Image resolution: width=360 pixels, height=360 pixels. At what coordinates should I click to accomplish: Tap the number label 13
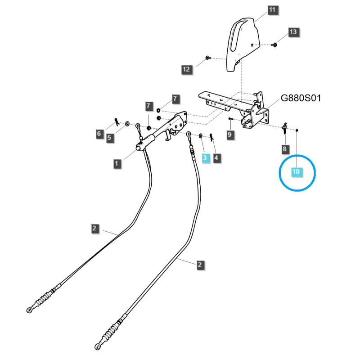293,32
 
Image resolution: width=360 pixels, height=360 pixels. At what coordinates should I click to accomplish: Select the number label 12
187,69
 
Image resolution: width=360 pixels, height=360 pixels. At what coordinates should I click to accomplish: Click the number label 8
284,148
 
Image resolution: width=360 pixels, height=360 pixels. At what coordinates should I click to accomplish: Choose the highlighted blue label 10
296,171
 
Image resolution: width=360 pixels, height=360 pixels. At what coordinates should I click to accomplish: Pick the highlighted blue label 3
205,158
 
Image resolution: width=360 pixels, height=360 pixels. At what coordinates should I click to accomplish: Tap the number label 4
218,158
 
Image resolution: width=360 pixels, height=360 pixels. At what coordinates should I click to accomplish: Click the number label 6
99,133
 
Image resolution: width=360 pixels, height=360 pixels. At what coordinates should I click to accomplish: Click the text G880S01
301,99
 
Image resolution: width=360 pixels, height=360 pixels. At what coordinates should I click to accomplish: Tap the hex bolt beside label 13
274,45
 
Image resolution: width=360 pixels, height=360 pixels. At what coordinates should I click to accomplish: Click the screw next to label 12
207,58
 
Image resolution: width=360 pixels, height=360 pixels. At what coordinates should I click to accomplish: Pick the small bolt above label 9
230,119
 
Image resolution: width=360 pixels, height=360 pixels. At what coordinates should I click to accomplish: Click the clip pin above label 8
284,129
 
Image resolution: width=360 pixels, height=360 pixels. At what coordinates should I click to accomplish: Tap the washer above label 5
127,123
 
